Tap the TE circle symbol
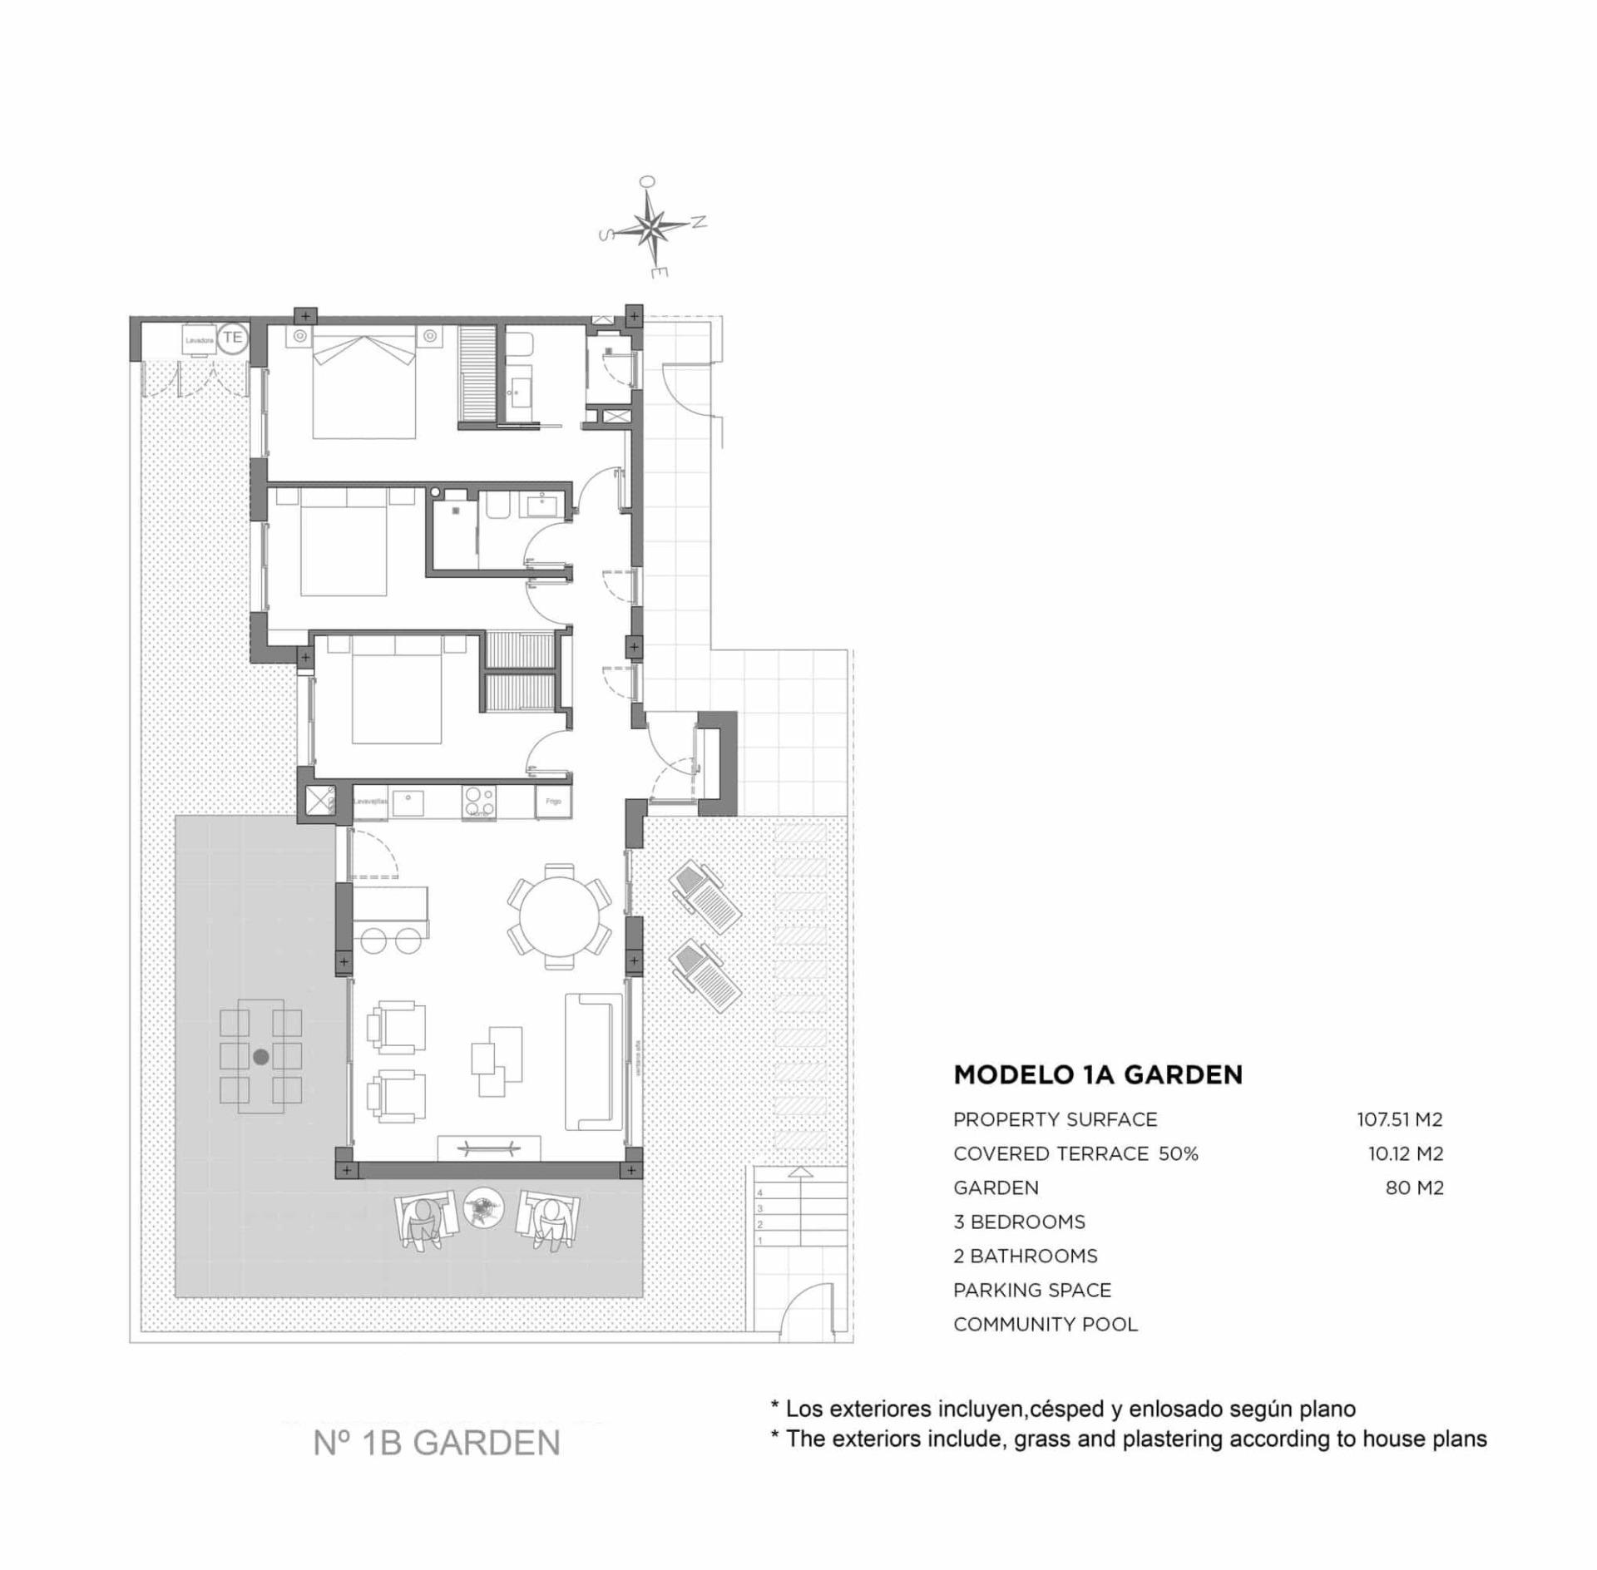pyautogui.click(x=233, y=338)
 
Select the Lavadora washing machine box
pyautogui.click(x=200, y=340)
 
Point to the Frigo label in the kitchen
pyautogui.click(x=553, y=802)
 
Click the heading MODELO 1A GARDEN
pyautogui.click(x=1098, y=1075)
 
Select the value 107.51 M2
pyautogui.click(x=1400, y=1120)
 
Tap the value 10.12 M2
pyautogui.click(x=1406, y=1154)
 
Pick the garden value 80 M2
pyautogui.click(x=1415, y=1188)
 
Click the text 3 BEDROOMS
pyautogui.click(x=1019, y=1222)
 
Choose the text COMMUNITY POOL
pyautogui.click(x=1046, y=1325)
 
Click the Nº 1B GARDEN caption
pyautogui.click(x=437, y=1443)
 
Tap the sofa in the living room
pyautogui.click(x=594, y=1062)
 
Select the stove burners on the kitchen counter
pyautogui.click(x=479, y=802)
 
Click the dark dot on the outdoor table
pyautogui.click(x=261, y=1057)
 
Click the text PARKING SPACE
pyautogui.click(x=1032, y=1291)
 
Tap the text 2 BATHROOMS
pyautogui.click(x=1026, y=1256)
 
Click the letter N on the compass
pyautogui.click(x=700, y=221)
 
